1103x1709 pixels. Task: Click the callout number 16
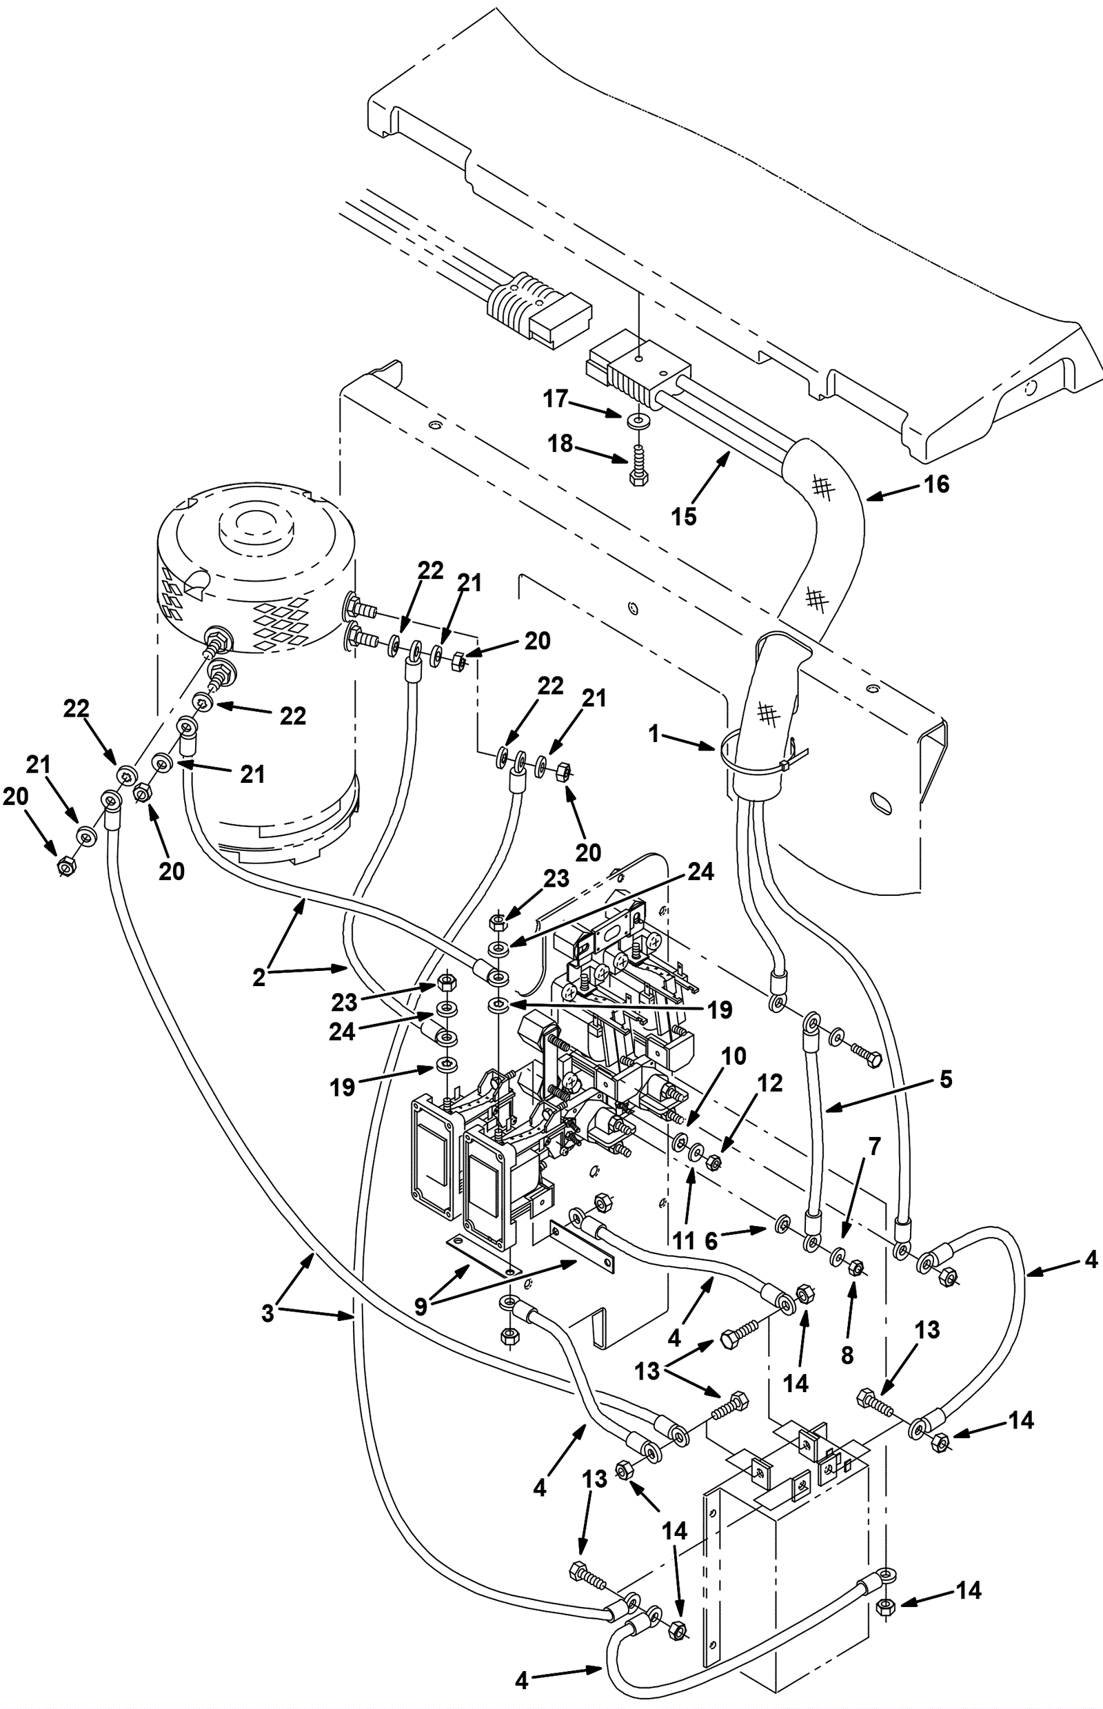click(936, 484)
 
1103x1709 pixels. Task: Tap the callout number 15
click(683, 516)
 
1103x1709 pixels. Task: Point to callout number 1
click(654, 733)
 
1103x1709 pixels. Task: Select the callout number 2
click(259, 976)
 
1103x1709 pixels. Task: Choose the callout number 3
click(267, 1313)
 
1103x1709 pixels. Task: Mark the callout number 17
click(555, 399)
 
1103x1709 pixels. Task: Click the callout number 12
click(770, 1083)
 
